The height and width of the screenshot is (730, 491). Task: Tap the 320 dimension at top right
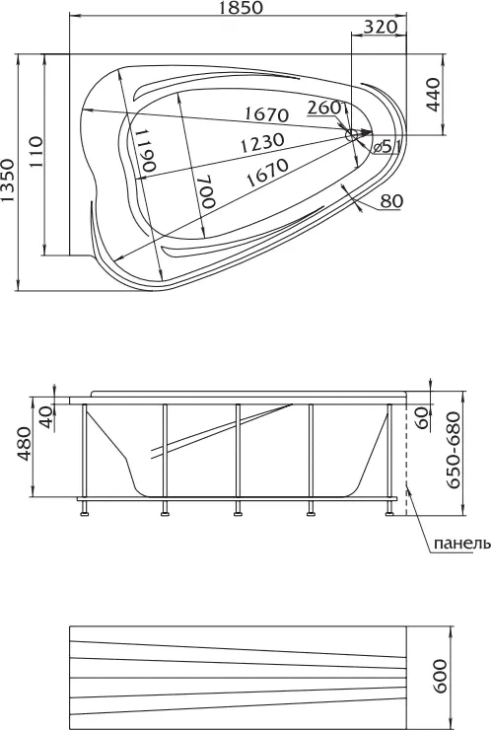(380, 27)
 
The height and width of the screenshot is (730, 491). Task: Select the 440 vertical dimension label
(433, 95)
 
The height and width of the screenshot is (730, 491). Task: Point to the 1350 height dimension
(8, 181)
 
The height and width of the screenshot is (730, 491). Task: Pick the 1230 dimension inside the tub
(262, 142)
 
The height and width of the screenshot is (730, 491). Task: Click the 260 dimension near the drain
(324, 108)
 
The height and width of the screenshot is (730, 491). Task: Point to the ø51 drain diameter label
(386, 147)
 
